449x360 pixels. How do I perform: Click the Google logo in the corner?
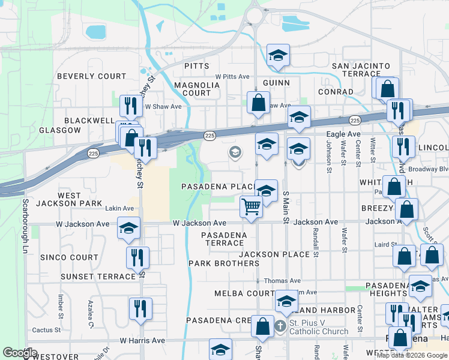(x=20, y=353)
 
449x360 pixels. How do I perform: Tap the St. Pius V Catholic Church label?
(x=318, y=327)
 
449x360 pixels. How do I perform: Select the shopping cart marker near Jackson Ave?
(x=252, y=208)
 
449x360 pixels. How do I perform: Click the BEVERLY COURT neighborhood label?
(x=92, y=76)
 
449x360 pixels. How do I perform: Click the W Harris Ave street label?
(x=142, y=340)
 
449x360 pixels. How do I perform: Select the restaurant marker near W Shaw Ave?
(x=129, y=107)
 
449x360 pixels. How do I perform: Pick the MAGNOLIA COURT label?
(x=193, y=89)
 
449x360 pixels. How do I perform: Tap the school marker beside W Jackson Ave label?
(x=128, y=229)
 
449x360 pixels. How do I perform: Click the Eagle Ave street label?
(x=343, y=134)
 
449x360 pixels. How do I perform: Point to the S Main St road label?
(x=286, y=205)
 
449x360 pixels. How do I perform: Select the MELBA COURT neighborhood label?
(x=244, y=293)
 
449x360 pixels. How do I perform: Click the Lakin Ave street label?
(x=119, y=208)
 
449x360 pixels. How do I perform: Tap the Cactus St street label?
(x=43, y=329)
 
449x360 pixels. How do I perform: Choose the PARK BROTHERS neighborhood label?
(x=223, y=263)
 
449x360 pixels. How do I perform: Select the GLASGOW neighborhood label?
(x=59, y=130)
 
